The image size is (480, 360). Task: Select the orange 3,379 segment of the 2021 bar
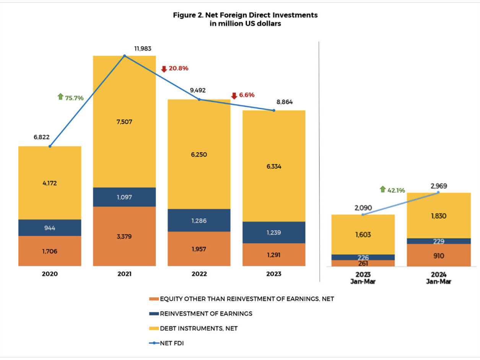(124, 236)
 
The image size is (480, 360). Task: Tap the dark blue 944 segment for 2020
(50, 228)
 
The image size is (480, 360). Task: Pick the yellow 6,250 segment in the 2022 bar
(199, 155)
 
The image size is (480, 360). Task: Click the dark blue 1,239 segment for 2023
(274, 232)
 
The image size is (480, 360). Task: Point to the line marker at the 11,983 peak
(124, 56)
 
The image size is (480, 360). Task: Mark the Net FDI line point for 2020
(50, 146)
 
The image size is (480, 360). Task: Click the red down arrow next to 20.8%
(164, 69)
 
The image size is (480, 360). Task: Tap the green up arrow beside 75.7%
(60, 97)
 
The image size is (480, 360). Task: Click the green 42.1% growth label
(397, 190)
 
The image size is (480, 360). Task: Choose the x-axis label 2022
(199, 274)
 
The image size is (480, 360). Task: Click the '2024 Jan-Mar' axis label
(438, 277)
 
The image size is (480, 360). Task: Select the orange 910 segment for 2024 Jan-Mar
(438, 255)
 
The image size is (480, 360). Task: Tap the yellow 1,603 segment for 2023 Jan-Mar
(363, 235)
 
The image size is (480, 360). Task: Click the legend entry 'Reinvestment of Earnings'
(206, 314)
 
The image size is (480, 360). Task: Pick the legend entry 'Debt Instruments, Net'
(199, 328)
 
